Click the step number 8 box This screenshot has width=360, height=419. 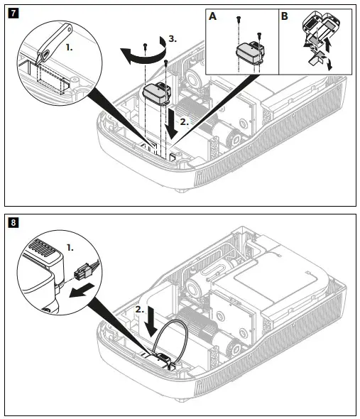coord(12,222)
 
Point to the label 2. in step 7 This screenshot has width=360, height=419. coord(184,121)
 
